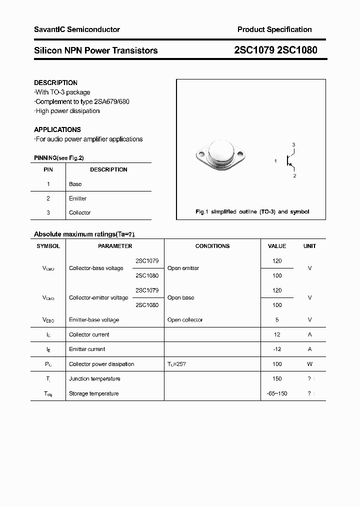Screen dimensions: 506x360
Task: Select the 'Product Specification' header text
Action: [x=274, y=29]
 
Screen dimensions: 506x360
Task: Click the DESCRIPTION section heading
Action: [x=55, y=82]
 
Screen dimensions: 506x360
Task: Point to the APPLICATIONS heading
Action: [x=57, y=129]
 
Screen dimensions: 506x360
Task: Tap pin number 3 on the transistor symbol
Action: [x=294, y=145]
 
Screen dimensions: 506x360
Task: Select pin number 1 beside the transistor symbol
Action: [x=275, y=160]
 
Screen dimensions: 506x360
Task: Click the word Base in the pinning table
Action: [x=75, y=184]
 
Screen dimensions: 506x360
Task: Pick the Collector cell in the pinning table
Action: [x=79, y=212]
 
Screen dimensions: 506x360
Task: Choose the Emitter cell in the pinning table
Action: [x=77, y=198]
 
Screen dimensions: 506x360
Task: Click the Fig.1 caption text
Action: [x=252, y=212]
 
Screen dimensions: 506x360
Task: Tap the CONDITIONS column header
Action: [x=212, y=246]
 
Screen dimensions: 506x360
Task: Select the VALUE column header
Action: [x=277, y=246]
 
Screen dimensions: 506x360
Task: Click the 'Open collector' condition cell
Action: [x=185, y=320]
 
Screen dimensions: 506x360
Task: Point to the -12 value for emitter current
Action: [x=277, y=349]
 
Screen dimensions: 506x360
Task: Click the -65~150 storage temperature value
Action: [x=277, y=393]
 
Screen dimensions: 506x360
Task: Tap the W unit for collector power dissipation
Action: [x=309, y=364]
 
